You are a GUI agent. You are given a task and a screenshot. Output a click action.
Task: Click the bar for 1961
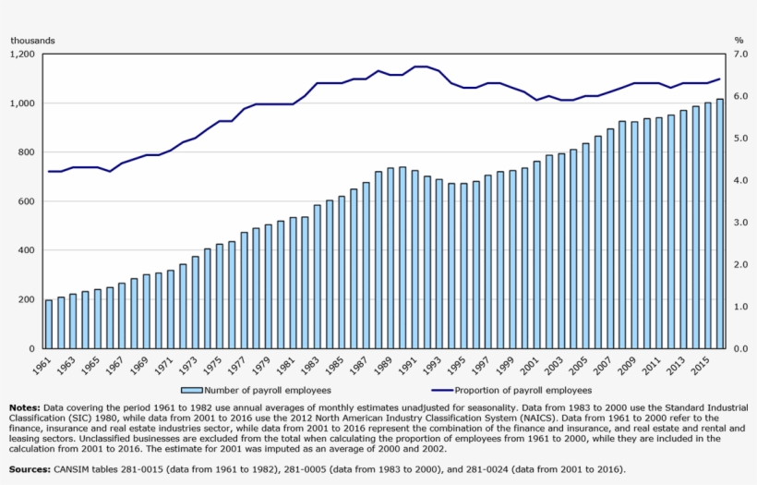tap(49, 324)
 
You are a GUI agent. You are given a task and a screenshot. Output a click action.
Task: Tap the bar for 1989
tap(391, 259)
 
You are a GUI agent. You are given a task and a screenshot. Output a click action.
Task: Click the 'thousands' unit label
tap(32, 41)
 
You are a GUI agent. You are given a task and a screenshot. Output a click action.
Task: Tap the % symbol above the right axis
tap(739, 41)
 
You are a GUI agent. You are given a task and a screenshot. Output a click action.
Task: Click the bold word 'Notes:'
tap(24, 406)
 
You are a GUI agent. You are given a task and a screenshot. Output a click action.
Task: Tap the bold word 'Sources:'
tap(30, 468)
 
